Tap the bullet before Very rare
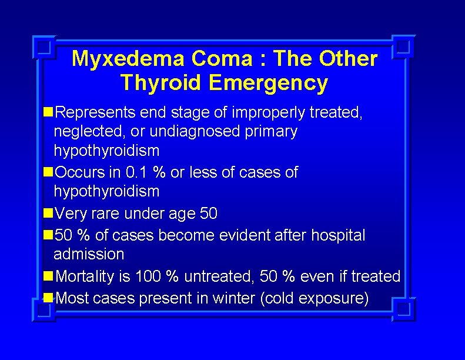(48, 214)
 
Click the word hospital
(337, 235)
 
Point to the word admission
(89, 255)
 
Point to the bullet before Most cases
(48, 298)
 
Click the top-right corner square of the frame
(403, 46)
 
